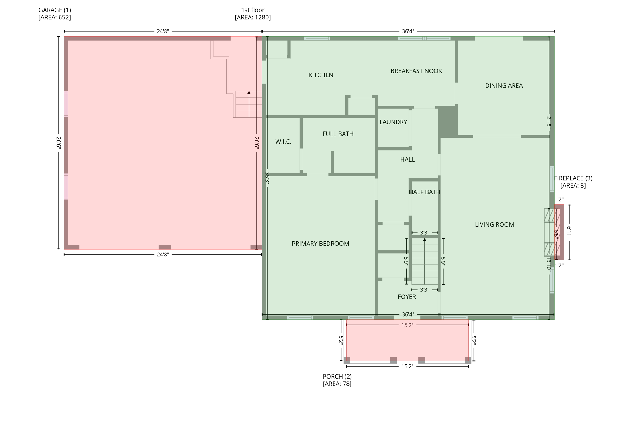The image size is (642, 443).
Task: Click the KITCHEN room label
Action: [x=321, y=75]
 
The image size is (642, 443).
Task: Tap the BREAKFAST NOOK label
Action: [x=416, y=71]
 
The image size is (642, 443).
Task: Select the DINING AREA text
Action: [x=503, y=86]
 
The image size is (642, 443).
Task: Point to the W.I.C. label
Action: [x=283, y=142]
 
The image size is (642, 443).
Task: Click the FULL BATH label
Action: [x=338, y=134]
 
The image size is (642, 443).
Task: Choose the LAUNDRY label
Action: [x=393, y=122]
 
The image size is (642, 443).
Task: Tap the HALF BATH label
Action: [x=424, y=192]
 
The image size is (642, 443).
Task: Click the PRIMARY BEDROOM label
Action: [x=320, y=244]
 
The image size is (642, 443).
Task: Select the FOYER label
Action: [x=407, y=297]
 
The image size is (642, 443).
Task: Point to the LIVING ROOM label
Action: [x=494, y=224]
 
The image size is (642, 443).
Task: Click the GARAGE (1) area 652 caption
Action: [x=55, y=14]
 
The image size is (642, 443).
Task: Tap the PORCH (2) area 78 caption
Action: [x=337, y=380]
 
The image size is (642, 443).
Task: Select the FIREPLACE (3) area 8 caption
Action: [x=573, y=182]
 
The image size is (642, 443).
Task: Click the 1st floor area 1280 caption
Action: [x=253, y=14]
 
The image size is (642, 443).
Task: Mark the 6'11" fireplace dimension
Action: [x=569, y=233]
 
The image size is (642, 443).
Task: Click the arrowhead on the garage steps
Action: [x=249, y=93]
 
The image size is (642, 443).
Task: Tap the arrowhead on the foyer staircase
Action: [x=424, y=240]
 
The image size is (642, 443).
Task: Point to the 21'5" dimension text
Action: [x=548, y=122]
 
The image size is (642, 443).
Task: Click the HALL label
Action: [x=407, y=160]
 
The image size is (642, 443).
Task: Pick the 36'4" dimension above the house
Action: [x=408, y=31]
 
